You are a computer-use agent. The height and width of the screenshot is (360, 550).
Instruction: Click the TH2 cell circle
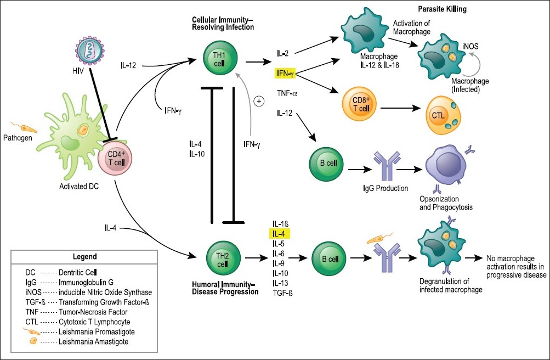click(223, 259)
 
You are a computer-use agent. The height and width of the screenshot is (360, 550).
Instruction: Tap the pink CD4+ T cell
click(115, 158)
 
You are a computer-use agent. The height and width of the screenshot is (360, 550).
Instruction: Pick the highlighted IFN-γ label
click(285, 74)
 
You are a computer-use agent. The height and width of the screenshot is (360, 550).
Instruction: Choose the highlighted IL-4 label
click(279, 234)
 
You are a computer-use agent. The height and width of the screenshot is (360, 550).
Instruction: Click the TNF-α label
click(287, 93)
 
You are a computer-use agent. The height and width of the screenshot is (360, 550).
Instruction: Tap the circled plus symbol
click(259, 102)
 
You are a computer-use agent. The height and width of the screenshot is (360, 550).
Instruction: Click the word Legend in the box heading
click(85, 256)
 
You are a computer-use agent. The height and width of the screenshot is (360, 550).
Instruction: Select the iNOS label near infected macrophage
click(470, 46)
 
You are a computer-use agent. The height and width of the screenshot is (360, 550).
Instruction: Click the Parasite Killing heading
click(443, 9)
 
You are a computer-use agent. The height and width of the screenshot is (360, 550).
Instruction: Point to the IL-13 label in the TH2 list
click(280, 283)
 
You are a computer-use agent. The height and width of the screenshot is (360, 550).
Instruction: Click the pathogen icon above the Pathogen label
click(23, 127)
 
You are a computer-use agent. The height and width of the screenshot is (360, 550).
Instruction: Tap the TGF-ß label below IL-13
click(282, 293)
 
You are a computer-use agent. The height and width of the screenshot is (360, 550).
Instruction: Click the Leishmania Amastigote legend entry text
click(93, 341)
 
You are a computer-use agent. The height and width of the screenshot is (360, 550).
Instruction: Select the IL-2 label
click(283, 53)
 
